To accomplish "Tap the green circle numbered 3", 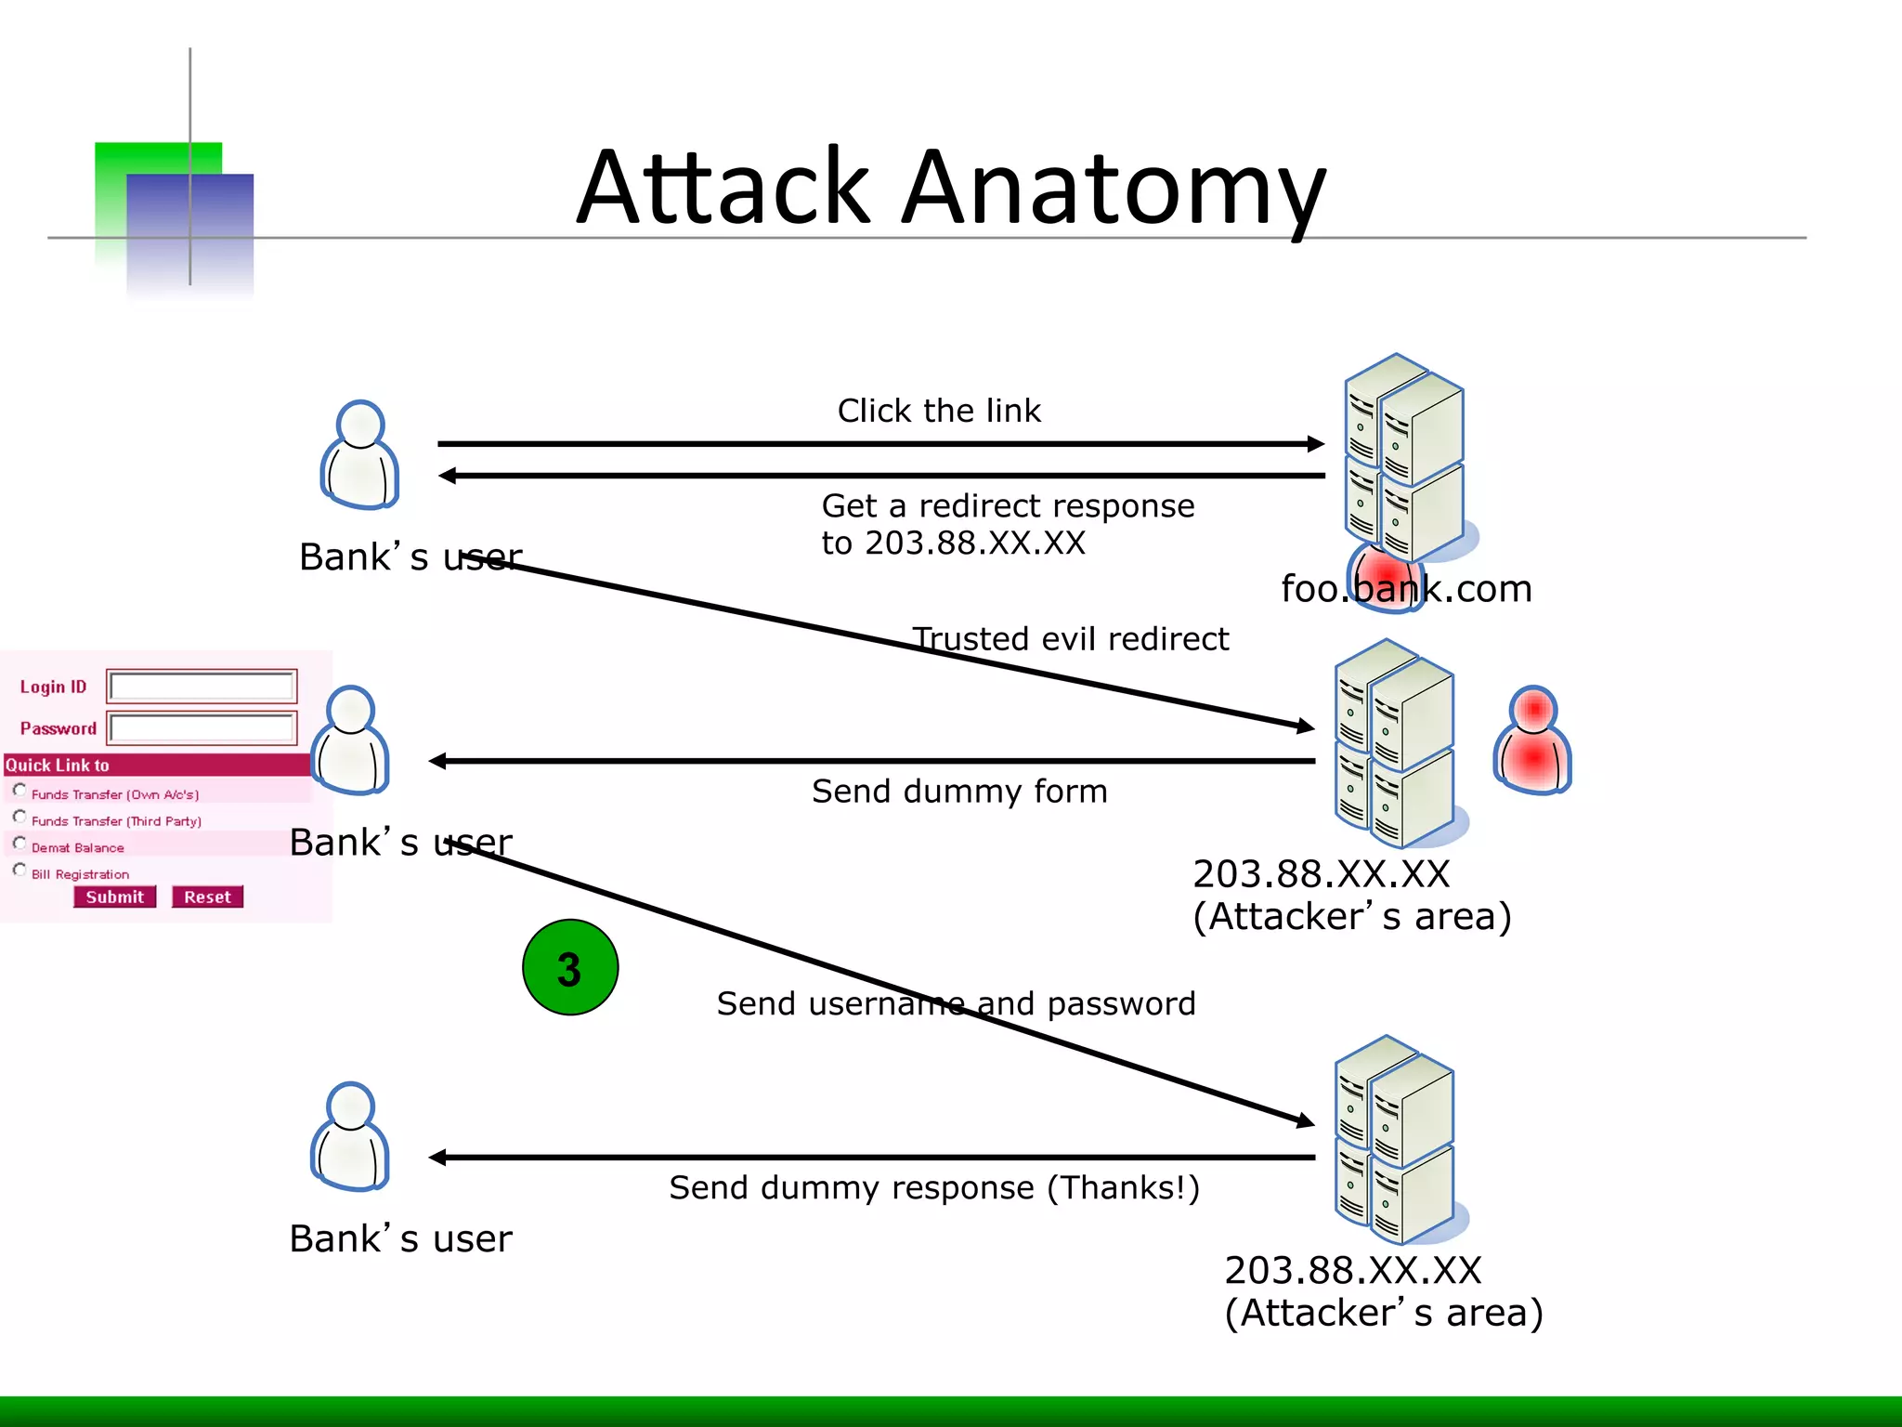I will coord(570,967).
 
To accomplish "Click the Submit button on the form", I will coord(115,897).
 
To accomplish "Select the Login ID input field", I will coord(202,687).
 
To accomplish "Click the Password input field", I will coord(202,728).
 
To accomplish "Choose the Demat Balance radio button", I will coord(20,844).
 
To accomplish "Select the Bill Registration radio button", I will coord(20,871).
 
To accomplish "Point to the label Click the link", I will coord(939,411).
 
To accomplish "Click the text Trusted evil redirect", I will coord(1070,639).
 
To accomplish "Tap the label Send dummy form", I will coord(959,792).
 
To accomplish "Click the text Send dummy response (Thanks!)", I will coord(934,1188).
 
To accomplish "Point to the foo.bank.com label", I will coord(1406,589).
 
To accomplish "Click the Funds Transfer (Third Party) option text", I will coord(116,821).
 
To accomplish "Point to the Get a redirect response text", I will coord(1008,506).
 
